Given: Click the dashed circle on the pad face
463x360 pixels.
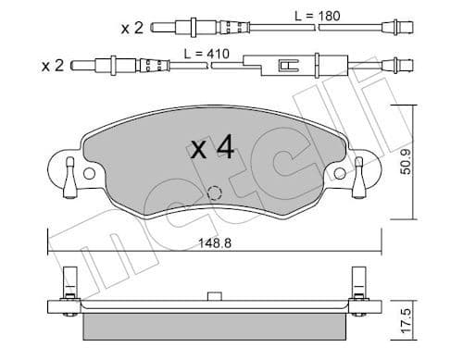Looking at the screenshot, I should point(213,194).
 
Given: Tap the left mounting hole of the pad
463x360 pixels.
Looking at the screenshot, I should point(89,173).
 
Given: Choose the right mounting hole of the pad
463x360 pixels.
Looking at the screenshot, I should point(339,173).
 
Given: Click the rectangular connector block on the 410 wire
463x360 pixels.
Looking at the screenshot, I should point(287,66).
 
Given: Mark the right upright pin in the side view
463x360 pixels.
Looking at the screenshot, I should point(358,280).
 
